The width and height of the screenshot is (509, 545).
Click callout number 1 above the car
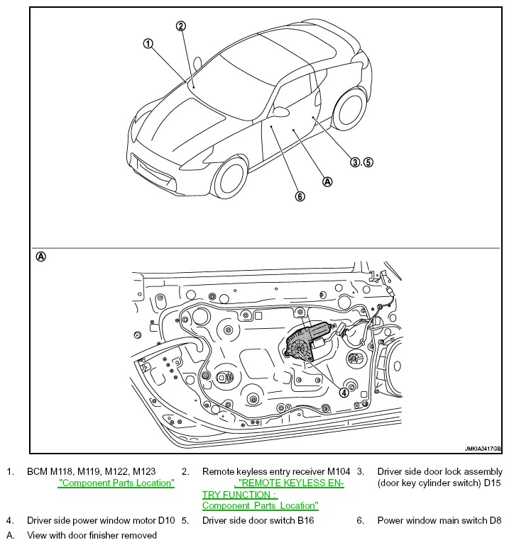tap(148, 43)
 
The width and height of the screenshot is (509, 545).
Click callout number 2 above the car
tap(181, 26)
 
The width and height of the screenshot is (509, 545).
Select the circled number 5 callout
tap(368, 162)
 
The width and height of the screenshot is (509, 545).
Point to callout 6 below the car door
tap(300, 196)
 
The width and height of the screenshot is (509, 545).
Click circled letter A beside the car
tap(327, 181)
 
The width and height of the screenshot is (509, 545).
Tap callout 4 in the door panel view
tap(344, 392)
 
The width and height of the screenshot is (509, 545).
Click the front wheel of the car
tap(231, 177)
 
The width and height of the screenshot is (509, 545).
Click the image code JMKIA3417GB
tap(483, 449)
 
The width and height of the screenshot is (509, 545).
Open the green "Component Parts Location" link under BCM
tap(116, 483)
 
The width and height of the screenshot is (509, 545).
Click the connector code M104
tap(339, 471)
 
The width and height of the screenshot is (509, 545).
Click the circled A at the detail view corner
tap(40, 257)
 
